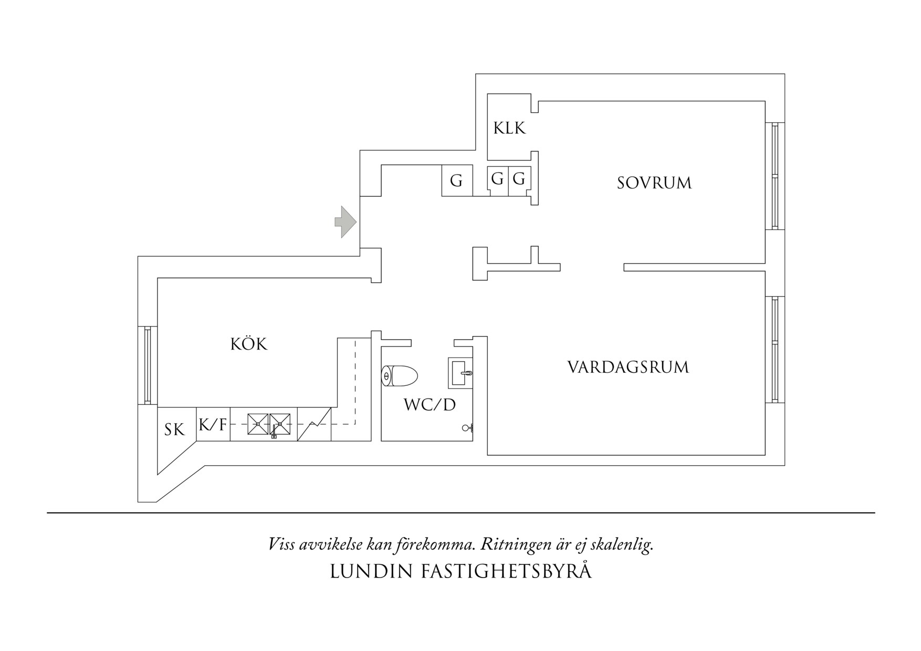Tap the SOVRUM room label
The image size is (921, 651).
click(654, 183)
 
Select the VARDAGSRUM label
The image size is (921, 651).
click(627, 367)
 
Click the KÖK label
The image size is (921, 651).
click(249, 344)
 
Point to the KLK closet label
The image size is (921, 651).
click(509, 128)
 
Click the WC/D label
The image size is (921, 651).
click(430, 405)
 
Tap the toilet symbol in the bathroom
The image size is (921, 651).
click(399, 376)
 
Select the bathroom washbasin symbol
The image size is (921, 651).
click(461, 373)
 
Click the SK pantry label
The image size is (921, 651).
click(174, 430)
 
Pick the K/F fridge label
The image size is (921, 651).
click(213, 425)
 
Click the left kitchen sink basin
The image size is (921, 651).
click(257, 424)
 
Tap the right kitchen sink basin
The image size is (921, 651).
click(280, 424)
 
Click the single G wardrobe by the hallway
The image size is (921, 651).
click(456, 181)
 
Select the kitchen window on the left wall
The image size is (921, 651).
click(148, 365)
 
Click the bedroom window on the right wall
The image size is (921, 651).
click(775, 175)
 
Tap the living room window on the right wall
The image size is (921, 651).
click(775, 349)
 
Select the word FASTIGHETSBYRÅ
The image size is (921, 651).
click(506, 572)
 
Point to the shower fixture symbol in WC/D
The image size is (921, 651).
click(467, 428)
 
